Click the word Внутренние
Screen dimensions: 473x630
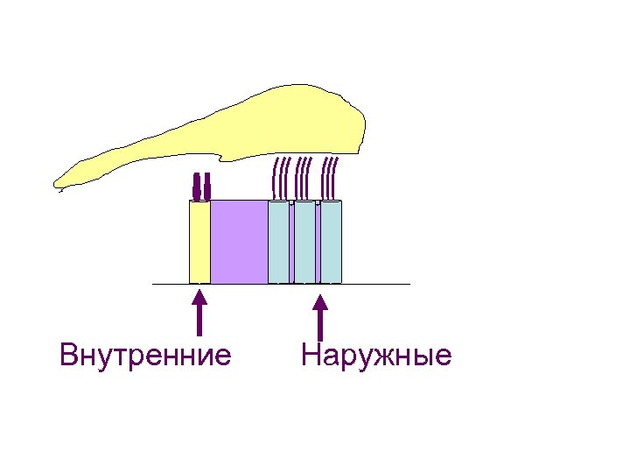point(145,356)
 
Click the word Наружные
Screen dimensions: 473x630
point(375,356)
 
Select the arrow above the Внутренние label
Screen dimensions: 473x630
point(200,314)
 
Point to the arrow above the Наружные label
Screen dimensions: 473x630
point(320,317)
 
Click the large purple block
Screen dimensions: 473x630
point(239,242)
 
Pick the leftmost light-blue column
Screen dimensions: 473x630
point(278,243)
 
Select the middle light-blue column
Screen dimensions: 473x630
point(304,243)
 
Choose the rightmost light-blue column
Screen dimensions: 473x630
point(331,243)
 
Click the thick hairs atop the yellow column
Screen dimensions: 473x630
point(201,185)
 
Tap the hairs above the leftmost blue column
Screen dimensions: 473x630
point(281,178)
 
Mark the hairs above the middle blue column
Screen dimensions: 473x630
point(304,178)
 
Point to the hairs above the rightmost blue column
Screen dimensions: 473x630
point(331,178)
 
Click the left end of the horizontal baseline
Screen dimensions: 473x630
point(154,284)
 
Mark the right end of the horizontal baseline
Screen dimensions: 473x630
point(408,284)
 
